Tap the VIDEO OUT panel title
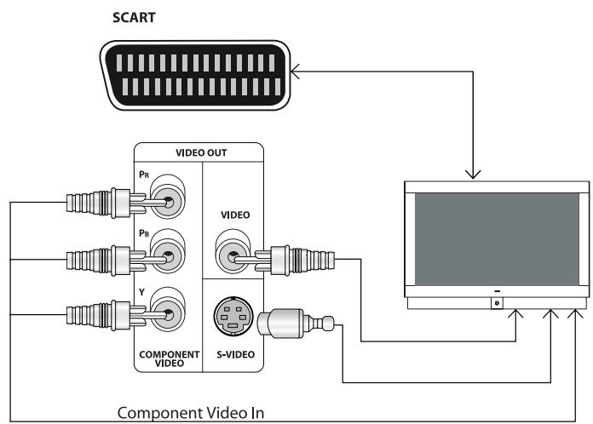(200, 154)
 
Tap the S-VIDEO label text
(231, 358)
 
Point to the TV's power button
(496, 302)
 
